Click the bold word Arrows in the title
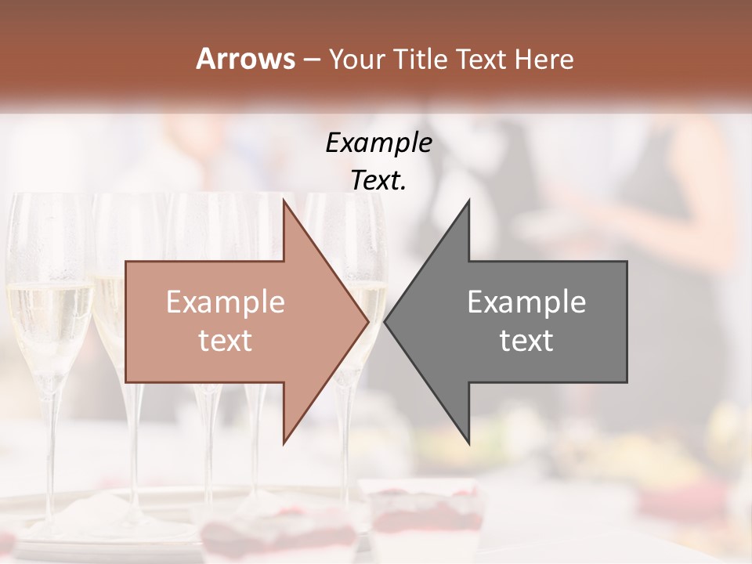(x=246, y=59)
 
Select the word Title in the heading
(x=419, y=60)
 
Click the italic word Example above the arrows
(x=379, y=143)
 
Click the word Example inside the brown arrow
(x=226, y=302)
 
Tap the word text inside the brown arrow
(x=226, y=341)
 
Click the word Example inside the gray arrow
(x=526, y=302)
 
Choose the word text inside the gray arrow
(x=526, y=341)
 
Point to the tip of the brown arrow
(x=367, y=322)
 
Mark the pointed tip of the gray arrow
(x=385, y=322)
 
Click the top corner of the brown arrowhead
(x=284, y=201)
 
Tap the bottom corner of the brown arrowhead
(x=284, y=443)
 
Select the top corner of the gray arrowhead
(x=468, y=201)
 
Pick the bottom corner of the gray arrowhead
(x=468, y=443)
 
